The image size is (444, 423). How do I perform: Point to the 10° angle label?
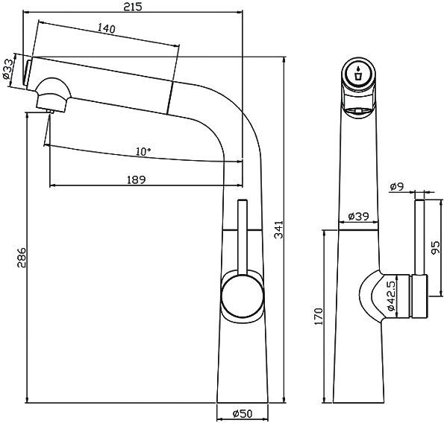[143, 151]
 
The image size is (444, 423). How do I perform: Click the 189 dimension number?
[136, 179]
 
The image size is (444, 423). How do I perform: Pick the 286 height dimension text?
[22, 257]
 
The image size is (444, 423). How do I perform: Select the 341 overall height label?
[278, 230]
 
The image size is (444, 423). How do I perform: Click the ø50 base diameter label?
[240, 414]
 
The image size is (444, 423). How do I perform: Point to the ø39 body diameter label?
[359, 217]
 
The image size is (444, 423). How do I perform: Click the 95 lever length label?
[435, 247]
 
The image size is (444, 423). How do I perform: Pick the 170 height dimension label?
[319, 317]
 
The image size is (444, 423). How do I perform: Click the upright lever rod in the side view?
[243, 235]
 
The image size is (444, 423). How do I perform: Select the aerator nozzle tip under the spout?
[49, 112]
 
